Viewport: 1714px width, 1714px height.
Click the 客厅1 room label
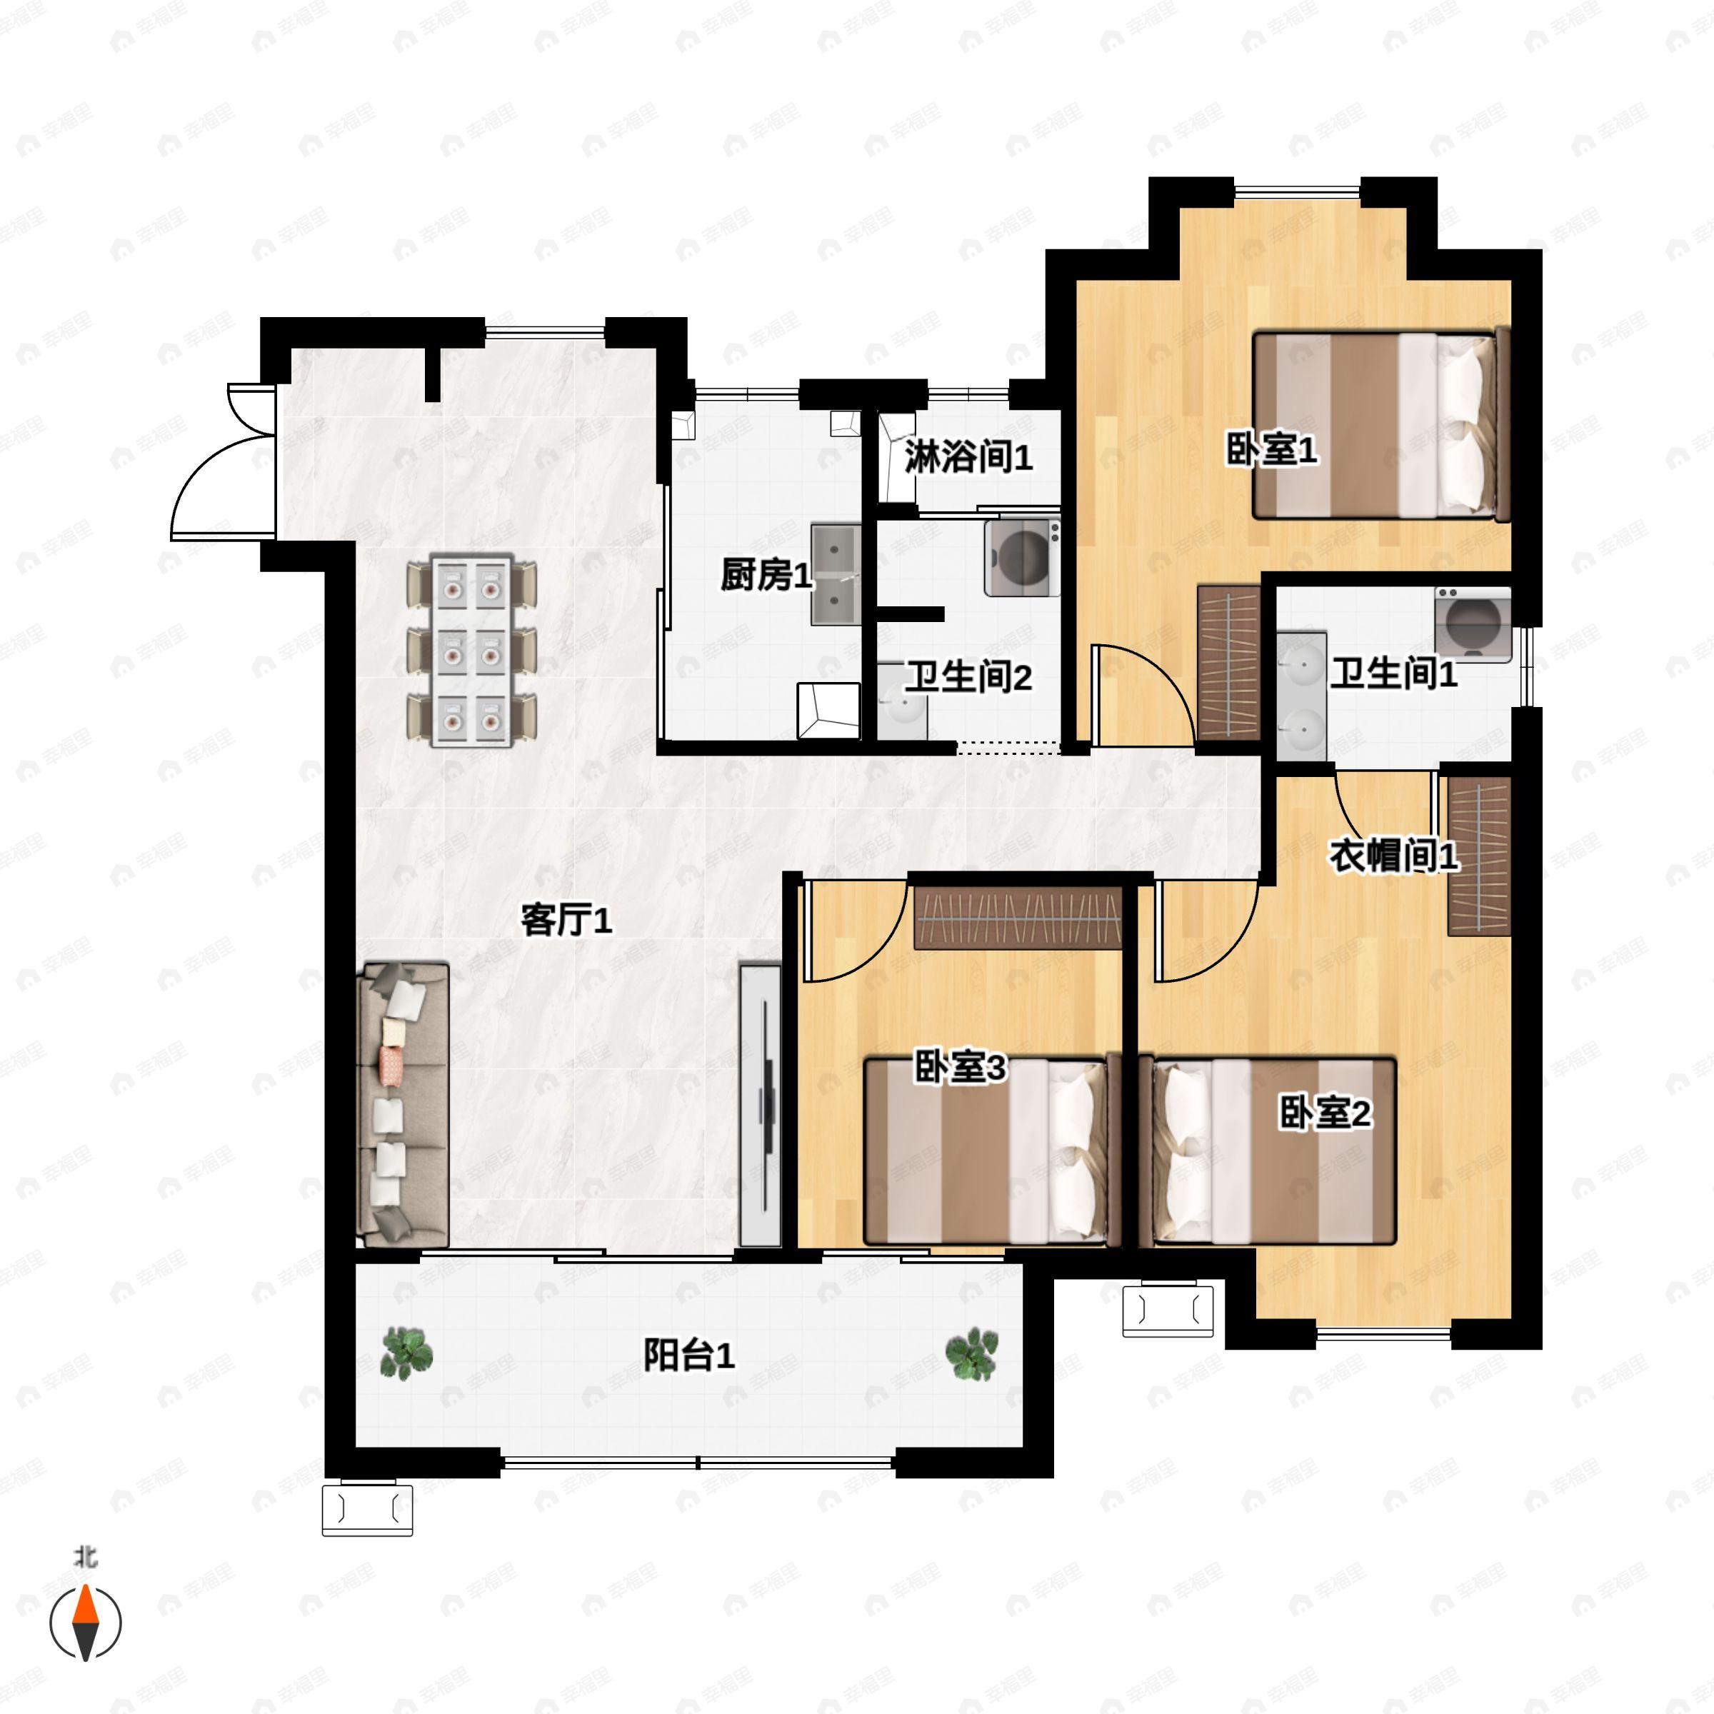[x=566, y=921]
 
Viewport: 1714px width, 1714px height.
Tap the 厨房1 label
[x=766, y=576]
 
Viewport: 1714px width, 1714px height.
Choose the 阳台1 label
[x=688, y=1355]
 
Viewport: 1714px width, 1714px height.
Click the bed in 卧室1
[x=1380, y=425]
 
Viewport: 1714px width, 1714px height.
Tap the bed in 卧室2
[x=1274, y=1151]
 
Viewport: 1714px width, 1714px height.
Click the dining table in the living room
[x=472, y=651]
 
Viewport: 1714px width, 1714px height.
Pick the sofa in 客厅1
[x=402, y=1106]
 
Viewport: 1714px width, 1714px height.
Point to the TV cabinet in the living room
[x=761, y=1106]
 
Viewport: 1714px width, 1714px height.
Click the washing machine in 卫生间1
[x=1473, y=623]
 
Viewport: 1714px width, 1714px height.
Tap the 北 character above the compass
[x=85, y=1557]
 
